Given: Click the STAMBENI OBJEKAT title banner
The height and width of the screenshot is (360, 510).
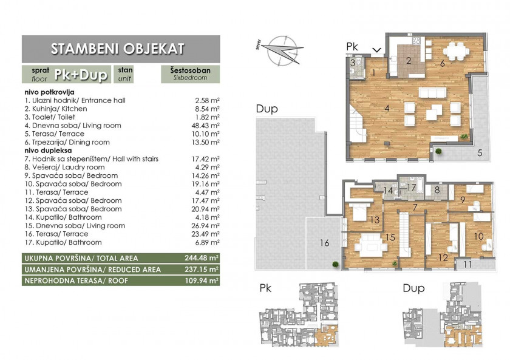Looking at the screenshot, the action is (121, 49).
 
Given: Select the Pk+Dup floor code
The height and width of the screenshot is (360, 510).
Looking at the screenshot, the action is (81, 75).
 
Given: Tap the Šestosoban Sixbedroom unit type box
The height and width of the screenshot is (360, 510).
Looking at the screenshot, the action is (190, 74).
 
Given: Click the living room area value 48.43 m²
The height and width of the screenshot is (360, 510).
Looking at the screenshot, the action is (205, 126).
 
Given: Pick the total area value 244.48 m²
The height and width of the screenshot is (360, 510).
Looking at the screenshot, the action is (202, 258).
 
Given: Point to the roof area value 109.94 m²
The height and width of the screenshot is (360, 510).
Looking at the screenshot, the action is (202, 280).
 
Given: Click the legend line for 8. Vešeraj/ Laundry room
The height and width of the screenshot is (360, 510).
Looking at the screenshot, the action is (65, 167).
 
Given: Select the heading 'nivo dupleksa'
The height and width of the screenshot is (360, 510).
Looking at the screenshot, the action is (48, 151).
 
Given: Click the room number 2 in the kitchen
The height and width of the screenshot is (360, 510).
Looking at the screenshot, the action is (409, 61).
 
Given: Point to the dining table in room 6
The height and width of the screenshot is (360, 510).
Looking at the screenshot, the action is (456, 52).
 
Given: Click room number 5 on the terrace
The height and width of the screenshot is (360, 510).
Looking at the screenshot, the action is (480, 152).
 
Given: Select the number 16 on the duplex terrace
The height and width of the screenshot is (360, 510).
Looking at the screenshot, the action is (324, 243).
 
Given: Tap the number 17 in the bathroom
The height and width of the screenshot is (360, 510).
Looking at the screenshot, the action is (412, 188).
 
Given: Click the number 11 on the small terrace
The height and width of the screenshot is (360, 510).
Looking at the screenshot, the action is (467, 264).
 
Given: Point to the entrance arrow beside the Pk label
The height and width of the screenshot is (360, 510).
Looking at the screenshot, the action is (376, 50).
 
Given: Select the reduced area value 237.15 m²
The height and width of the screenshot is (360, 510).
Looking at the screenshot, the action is (202, 270).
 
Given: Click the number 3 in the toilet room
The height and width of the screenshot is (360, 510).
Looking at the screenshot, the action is (353, 63).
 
